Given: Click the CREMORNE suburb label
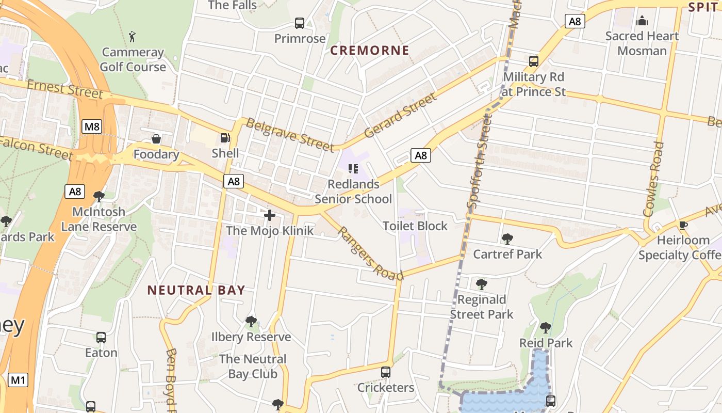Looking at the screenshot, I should coord(369,51).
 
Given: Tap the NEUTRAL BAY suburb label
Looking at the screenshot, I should coord(196,290).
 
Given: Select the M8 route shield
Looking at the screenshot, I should coord(92,126).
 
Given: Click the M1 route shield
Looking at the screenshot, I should coord(18,380).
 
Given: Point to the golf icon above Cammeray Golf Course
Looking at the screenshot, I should coord(133,37).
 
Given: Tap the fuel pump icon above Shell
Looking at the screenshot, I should coord(225,138).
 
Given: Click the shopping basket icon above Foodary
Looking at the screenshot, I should coord(156,139).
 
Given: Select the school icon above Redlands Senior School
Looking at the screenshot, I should coord(353,168).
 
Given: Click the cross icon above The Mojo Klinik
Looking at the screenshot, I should coord(269,215).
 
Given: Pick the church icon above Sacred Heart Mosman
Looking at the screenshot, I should coord(642,21).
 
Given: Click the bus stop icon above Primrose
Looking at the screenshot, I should coord(300,23).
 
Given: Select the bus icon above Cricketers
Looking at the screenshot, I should coord(385,372).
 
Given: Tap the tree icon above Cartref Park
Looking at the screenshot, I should coord(507,239).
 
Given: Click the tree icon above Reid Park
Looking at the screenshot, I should coord(546,327).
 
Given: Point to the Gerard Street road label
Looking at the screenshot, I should coord(400,116).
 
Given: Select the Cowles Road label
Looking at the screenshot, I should coord(653,179).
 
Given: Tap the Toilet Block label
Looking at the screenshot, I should coord(415,226).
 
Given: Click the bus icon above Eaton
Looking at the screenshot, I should coord(101,338).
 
